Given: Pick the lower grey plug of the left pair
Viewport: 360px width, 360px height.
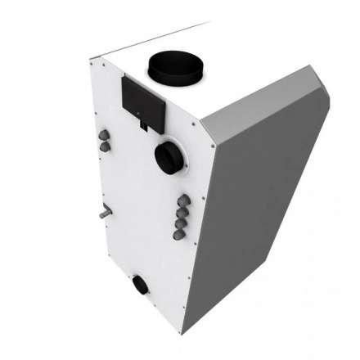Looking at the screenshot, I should pos(106,146).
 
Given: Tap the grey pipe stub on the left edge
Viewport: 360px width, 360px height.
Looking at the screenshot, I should pos(104,211).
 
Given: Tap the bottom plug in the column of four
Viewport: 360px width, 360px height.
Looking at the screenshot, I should pos(178,233).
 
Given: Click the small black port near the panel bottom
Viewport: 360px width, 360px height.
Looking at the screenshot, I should pos(142,286).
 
